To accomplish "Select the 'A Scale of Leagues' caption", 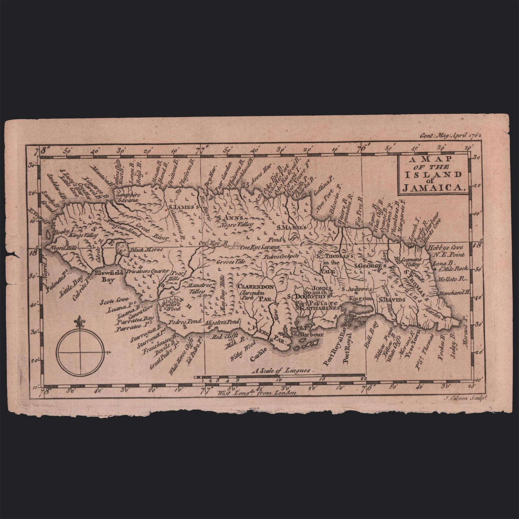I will coord(283,370).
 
